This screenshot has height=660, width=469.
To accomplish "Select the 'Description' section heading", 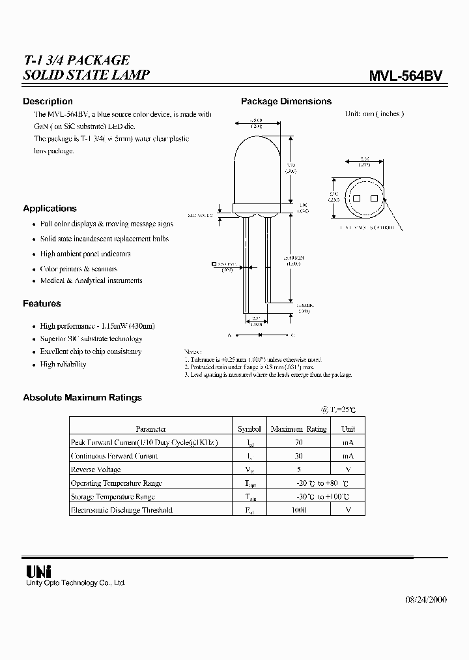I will (x=48, y=101).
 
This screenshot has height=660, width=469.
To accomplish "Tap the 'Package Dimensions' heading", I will (x=286, y=101).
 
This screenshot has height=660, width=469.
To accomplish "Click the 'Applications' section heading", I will (x=50, y=209).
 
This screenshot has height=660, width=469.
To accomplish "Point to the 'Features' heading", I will (x=42, y=303).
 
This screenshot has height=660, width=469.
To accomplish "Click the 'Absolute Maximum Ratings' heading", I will (x=82, y=397).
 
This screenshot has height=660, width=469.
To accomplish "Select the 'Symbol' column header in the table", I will (x=249, y=429).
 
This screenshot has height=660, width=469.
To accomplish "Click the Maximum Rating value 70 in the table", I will (x=298, y=442).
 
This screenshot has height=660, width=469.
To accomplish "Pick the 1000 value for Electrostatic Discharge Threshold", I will (x=298, y=510).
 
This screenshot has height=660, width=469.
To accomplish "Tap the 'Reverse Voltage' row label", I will (x=96, y=470).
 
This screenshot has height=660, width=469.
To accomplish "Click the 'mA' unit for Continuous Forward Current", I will (x=348, y=456).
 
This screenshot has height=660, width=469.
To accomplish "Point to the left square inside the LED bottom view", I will (x=357, y=198).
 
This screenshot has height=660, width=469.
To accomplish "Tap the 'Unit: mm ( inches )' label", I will (x=374, y=113).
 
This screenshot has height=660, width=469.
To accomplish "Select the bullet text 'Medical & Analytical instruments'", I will (x=91, y=281).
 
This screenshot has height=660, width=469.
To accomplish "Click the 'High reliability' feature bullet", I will (x=63, y=365).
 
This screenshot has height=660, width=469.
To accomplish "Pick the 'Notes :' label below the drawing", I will (x=193, y=350).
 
